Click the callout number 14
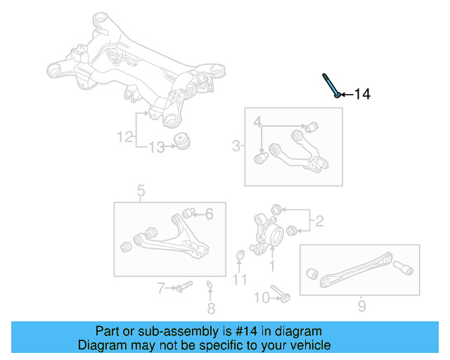pyautogui.click(x=361, y=94)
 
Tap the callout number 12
pyautogui.click(x=124, y=137)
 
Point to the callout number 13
pyautogui.click(x=156, y=147)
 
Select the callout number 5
pyautogui.click(x=141, y=190)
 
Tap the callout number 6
pyautogui.click(x=208, y=214)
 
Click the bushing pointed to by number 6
pyautogui.click(x=188, y=212)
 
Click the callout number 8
pyautogui.click(x=211, y=308)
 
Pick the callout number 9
pyautogui.click(x=361, y=307)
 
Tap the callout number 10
pyautogui.click(x=260, y=298)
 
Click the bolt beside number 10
pyautogui.click(x=281, y=296)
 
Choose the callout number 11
pyautogui.click(x=240, y=280)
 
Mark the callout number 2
pyautogui.click(x=319, y=222)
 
